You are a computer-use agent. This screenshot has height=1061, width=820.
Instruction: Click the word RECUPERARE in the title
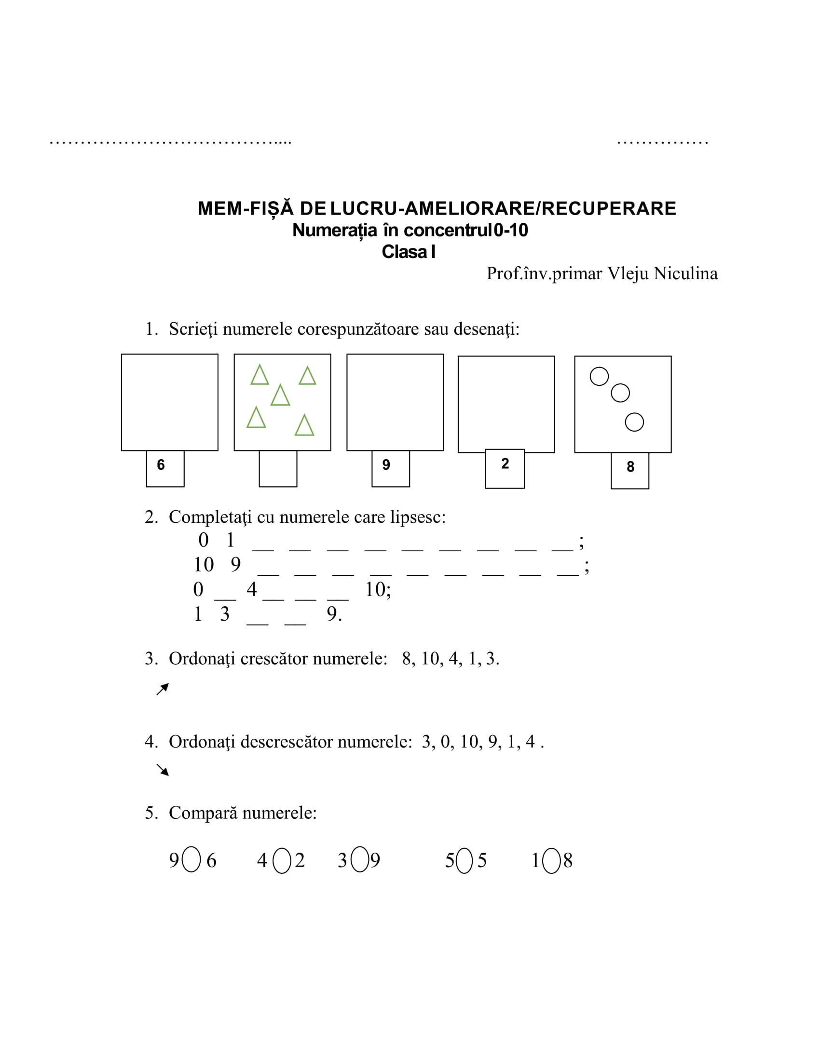(x=609, y=208)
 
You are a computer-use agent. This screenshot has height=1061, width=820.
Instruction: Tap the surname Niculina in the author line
(x=685, y=273)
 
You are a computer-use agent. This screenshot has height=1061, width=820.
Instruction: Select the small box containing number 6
(x=165, y=468)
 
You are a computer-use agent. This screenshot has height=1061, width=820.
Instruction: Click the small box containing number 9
(x=391, y=468)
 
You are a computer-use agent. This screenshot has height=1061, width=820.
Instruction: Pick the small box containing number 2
(x=504, y=468)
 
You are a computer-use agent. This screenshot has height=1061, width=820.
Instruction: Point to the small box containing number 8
(x=629, y=470)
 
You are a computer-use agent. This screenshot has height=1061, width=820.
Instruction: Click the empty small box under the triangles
(x=278, y=468)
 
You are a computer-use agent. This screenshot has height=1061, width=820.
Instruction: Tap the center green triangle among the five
(x=280, y=395)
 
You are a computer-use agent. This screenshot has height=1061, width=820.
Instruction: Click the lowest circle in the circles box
(x=634, y=422)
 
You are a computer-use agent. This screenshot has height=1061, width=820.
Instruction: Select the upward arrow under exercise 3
(x=163, y=689)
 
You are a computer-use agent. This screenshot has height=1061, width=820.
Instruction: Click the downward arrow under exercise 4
(x=163, y=770)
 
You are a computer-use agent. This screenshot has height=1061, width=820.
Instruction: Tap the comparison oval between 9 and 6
(x=191, y=859)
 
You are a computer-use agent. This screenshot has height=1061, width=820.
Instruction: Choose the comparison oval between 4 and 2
(x=282, y=861)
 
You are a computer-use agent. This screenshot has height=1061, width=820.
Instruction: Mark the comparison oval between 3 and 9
(x=359, y=859)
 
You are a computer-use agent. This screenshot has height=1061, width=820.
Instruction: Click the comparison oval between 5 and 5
(x=465, y=861)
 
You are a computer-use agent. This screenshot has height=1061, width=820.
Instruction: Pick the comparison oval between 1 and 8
(x=551, y=861)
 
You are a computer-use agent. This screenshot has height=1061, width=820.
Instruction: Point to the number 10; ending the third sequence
(x=378, y=590)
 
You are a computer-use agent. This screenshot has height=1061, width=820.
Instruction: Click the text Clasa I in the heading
(x=409, y=252)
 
